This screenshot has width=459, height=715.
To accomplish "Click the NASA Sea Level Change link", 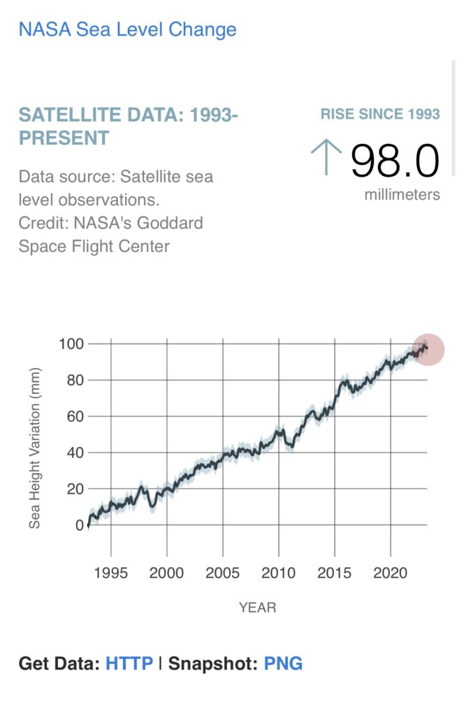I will [x=127, y=29].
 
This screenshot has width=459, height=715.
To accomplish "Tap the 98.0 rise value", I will [x=395, y=161].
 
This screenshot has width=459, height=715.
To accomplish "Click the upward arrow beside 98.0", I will [x=326, y=157].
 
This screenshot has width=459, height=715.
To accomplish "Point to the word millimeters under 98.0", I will [x=402, y=195].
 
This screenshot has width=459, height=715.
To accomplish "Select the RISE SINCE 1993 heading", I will [x=380, y=114].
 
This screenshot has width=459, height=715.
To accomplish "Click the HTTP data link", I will [x=129, y=663].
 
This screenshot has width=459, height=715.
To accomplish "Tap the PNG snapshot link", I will [x=283, y=663].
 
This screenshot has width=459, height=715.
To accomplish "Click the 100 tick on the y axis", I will [x=71, y=344].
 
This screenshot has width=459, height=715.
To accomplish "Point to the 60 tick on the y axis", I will [x=74, y=416].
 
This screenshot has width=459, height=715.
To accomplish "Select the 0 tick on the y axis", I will [x=78, y=525].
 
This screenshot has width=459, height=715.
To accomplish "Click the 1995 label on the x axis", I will [x=110, y=573].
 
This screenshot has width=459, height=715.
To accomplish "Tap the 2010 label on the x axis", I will [x=279, y=573].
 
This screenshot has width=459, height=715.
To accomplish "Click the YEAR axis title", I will [x=257, y=607].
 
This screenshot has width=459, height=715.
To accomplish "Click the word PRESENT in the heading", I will [x=64, y=138].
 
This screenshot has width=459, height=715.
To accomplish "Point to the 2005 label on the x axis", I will [x=223, y=573].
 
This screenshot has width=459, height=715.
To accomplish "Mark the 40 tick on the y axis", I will [x=74, y=452].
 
